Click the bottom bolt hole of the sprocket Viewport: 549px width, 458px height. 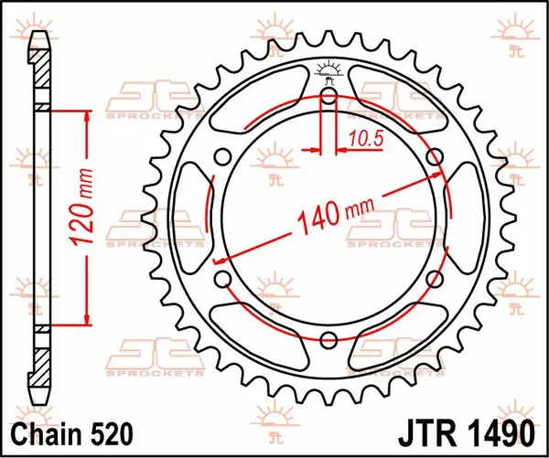coord(329,340)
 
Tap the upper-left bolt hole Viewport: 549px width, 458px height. coord(223,156)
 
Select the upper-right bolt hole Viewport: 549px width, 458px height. coord(436,156)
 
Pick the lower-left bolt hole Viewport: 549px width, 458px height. coord(223,279)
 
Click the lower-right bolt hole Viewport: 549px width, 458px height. coord(436,279)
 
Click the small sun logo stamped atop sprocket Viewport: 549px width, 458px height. coord(329,69)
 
